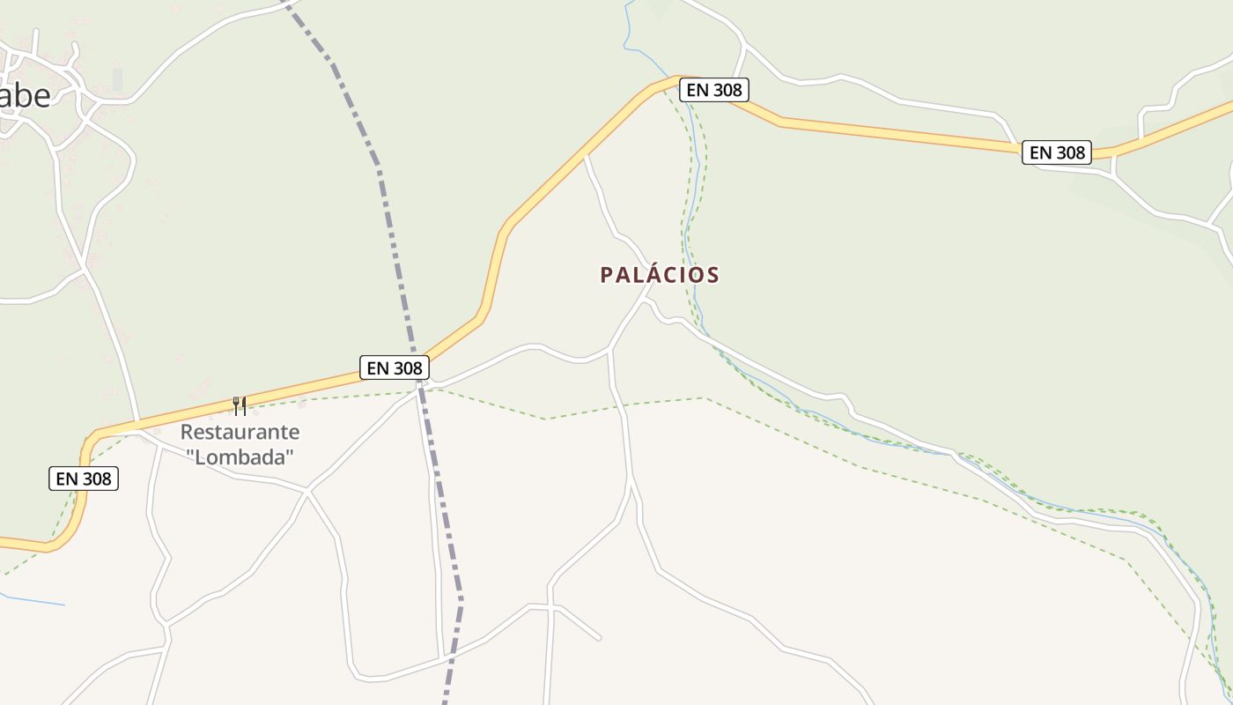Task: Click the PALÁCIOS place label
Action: tap(660, 275)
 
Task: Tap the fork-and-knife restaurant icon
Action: tap(239, 405)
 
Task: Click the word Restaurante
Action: tap(240, 432)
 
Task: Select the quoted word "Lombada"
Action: tap(240, 456)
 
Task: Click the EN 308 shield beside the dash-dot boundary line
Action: tap(395, 367)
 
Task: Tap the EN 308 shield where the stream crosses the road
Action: tap(714, 90)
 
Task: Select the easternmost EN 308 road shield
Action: tap(1057, 152)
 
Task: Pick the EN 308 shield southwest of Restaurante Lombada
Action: tap(83, 479)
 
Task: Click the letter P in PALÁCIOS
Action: tap(606, 275)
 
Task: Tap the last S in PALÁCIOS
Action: tap(713, 275)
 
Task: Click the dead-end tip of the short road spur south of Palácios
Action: tap(600, 639)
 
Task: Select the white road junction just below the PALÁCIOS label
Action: tap(646, 299)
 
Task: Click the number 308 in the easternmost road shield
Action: tap(1070, 152)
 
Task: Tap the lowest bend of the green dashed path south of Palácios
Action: tap(546, 419)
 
